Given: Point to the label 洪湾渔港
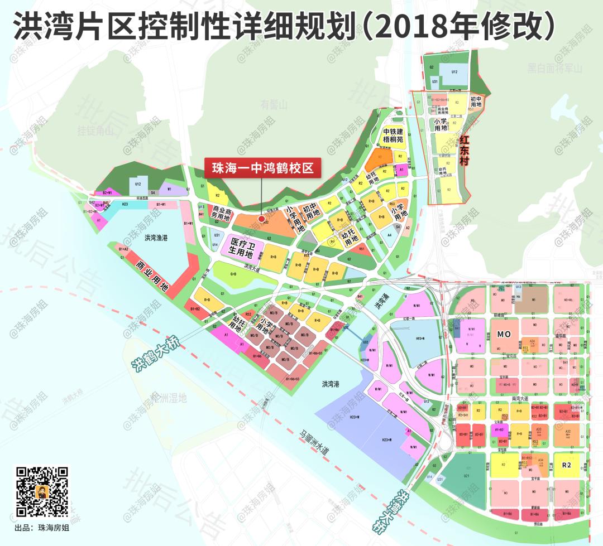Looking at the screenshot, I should point(156,238).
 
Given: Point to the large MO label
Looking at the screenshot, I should point(504,335).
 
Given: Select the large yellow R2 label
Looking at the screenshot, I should point(568,464).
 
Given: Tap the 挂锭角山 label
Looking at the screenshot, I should point(95,131).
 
